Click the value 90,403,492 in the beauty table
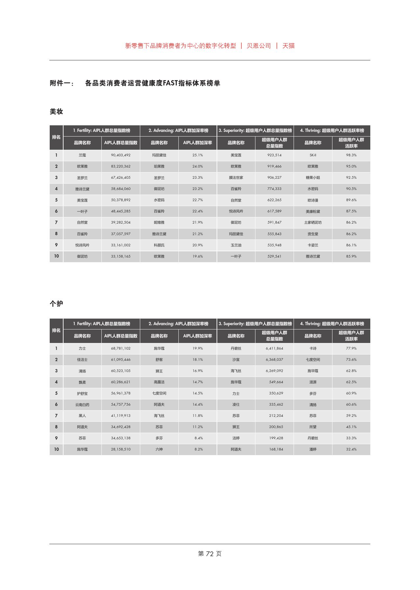[120, 155]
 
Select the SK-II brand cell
[313, 155]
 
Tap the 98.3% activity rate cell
[351, 155]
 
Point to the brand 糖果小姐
[313, 177]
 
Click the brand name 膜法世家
[236, 177]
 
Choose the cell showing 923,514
[274, 155]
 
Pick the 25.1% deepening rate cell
[197, 155]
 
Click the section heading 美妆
[56, 111]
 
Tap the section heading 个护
[56, 304]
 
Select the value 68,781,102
[120, 348]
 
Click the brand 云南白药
[82, 405]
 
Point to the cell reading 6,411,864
[274, 348]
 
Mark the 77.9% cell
[351, 348]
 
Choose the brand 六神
[159, 449]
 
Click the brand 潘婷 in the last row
[313, 449]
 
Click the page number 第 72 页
[210, 554]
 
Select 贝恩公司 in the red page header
[259, 46]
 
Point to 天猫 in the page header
[288, 46]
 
